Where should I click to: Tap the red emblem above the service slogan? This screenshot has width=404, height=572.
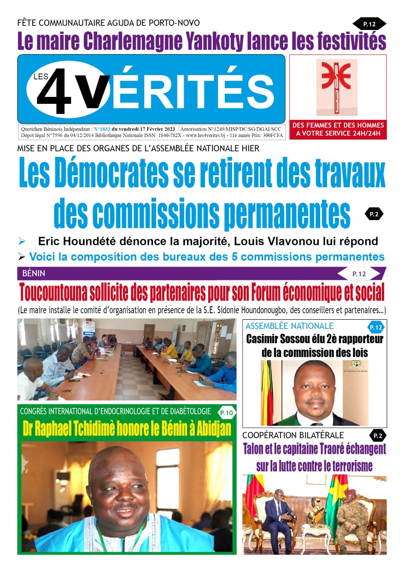[337, 87]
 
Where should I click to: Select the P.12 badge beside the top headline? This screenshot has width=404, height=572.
[369, 24]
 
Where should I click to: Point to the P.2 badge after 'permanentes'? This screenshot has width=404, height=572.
[374, 214]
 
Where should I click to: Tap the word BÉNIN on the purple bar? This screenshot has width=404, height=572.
[34, 274]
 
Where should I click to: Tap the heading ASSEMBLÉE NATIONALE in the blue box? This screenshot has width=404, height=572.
[289, 326]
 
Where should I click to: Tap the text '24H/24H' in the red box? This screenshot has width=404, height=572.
[363, 134]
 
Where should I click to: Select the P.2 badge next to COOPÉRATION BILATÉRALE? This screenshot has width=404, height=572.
[377, 435]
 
